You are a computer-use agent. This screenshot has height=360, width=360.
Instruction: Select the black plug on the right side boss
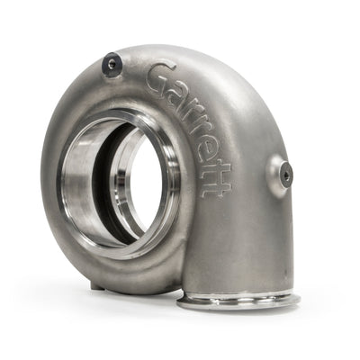tap(285, 176)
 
